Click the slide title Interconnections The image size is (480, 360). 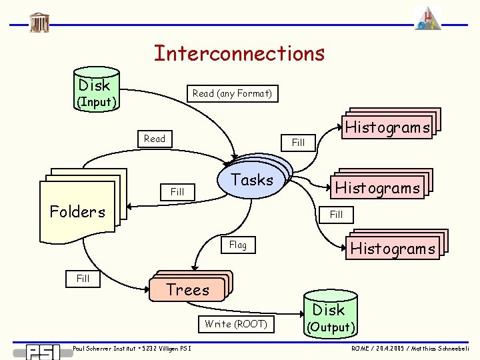click(x=239, y=53)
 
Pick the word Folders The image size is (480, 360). click(x=77, y=212)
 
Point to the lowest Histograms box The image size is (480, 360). click(x=393, y=249)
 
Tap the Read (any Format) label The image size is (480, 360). click(x=232, y=93)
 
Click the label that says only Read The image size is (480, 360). click(x=155, y=139)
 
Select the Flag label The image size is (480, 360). click(x=238, y=245)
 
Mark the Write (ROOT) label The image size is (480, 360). click(x=236, y=324)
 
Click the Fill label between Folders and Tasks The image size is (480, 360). click(x=177, y=192)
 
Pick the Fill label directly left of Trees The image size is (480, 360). click(x=83, y=278)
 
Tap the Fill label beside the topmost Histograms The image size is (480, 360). click(x=298, y=142)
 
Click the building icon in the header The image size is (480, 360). click(x=39, y=22)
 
